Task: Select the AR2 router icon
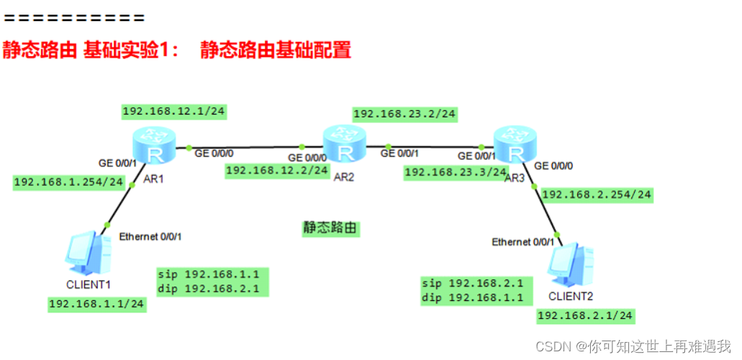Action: coord(345,143)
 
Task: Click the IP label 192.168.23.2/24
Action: coord(404,114)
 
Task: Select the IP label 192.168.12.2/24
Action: coord(277,171)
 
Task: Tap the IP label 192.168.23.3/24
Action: coord(456,172)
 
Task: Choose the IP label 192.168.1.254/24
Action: coord(69,182)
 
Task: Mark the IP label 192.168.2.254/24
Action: coord(597,194)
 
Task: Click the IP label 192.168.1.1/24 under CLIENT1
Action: coord(96,304)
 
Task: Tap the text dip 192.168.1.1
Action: coord(476,297)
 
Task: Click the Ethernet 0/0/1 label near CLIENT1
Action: coord(155,236)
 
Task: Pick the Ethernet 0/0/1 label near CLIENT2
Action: coord(523,242)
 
